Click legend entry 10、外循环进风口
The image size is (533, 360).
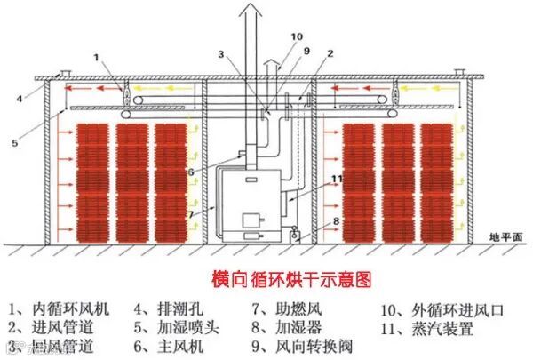click(441, 309)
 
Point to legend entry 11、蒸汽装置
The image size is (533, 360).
click(426, 327)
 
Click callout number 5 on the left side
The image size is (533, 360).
click(14, 142)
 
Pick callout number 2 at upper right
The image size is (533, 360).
click(330, 53)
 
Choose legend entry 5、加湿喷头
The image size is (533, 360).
click(178, 327)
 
